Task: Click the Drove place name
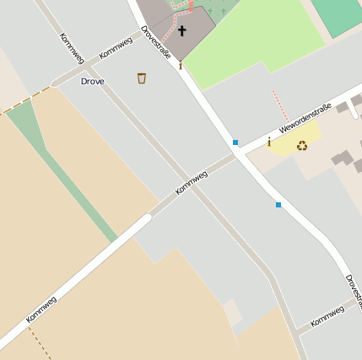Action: [92, 82]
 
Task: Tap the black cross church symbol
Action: [181, 31]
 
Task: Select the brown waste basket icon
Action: [142, 78]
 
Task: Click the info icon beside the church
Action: [180, 64]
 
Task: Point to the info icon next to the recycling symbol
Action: [269, 142]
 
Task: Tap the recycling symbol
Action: [301, 145]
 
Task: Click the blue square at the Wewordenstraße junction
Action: [235, 142]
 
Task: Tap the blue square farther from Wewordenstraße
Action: [278, 204]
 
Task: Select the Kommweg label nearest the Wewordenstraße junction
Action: [192, 183]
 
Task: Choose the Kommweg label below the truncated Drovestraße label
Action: [327, 317]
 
